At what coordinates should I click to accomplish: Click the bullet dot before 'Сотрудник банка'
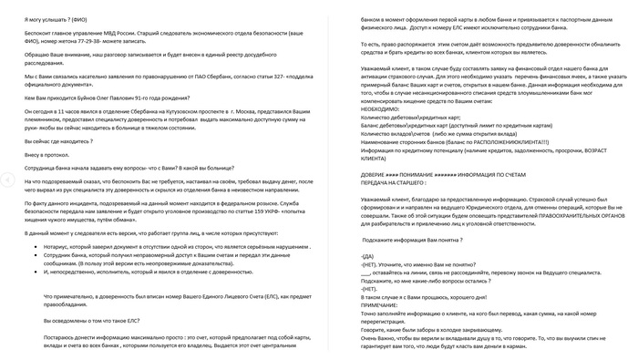pos(36,257)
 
